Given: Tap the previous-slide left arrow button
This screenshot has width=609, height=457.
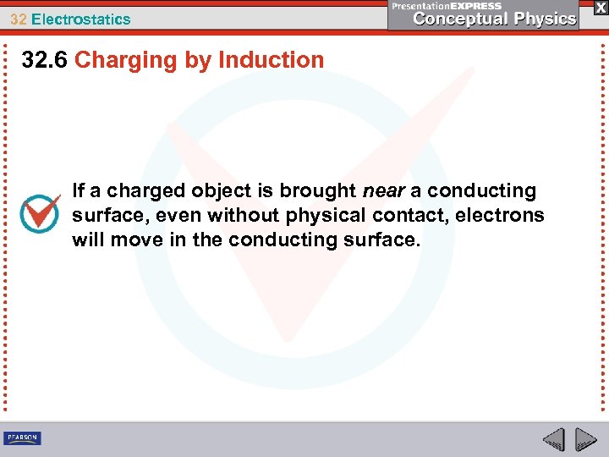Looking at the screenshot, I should (553, 439).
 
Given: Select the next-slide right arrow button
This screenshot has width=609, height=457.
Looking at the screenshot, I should (585, 439).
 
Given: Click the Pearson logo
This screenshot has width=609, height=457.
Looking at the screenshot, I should (22, 438).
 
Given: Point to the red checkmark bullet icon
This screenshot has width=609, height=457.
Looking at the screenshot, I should (40, 212).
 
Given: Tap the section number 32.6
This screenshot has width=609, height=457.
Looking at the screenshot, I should (46, 60).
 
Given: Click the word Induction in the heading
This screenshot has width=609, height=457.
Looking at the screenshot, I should (271, 60).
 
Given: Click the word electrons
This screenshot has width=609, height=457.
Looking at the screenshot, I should (500, 216).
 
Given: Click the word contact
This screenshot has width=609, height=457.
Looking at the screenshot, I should (405, 216).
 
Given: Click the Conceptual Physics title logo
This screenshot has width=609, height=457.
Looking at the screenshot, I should (496, 19).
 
